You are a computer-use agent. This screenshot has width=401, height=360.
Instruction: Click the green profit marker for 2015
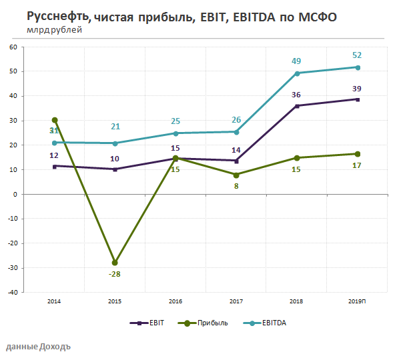click(x=115, y=263)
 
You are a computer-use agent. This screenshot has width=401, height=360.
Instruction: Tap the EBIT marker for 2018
click(x=297, y=106)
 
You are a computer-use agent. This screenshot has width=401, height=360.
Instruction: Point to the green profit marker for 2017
click(x=236, y=175)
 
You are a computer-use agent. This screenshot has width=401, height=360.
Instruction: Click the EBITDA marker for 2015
click(x=115, y=143)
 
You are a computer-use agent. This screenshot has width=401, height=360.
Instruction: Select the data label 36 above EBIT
click(x=297, y=95)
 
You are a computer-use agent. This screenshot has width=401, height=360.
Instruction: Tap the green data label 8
click(x=236, y=187)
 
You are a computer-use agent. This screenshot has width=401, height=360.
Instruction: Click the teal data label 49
click(x=297, y=61)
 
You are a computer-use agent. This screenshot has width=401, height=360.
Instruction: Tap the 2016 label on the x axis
click(x=175, y=301)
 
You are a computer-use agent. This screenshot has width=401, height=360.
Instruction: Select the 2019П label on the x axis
click(x=358, y=301)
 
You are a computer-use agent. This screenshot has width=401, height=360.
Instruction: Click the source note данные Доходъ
click(x=38, y=347)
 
